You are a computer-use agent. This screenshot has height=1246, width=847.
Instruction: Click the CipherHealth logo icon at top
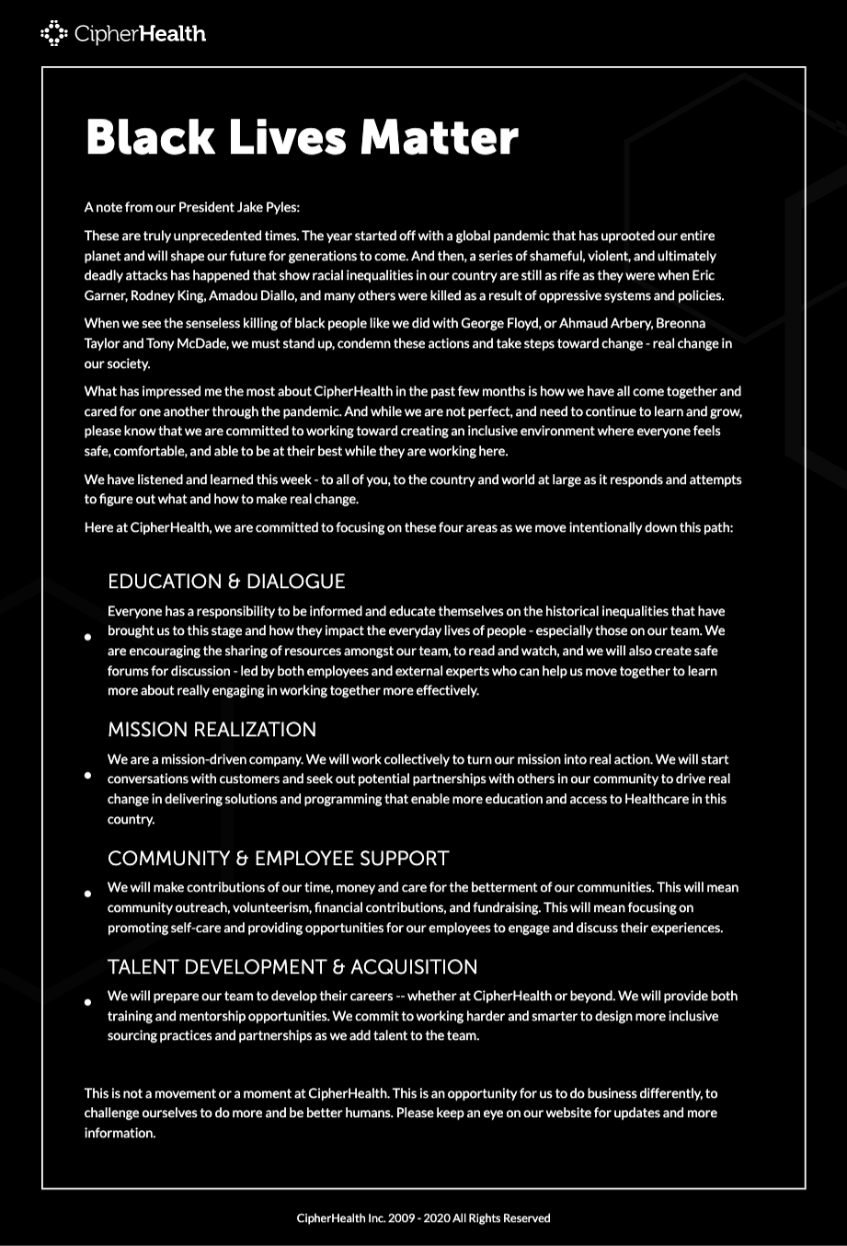[x=53, y=34]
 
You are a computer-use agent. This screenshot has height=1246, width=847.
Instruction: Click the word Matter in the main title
[x=439, y=137]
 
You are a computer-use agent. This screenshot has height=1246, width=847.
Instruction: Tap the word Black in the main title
[x=150, y=137]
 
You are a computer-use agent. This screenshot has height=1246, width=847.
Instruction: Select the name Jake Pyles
[x=268, y=207]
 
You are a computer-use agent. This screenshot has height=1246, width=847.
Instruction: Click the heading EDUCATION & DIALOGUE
[x=226, y=582]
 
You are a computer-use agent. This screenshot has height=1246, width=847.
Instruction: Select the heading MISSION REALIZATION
[x=212, y=730]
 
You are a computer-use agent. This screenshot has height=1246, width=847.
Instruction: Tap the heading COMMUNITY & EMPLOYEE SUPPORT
[x=278, y=859]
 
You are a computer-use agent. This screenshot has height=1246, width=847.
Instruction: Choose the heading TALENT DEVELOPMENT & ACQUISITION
[x=292, y=967]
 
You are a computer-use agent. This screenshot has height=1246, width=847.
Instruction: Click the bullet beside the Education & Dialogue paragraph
[x=88, y=637]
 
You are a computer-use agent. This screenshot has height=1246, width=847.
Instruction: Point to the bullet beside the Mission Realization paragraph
[x=88, y=775]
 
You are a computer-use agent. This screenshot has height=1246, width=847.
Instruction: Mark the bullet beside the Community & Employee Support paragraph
[x=88, y=894]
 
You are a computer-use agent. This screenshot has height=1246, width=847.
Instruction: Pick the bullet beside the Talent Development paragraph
[x=88, y=1002]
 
